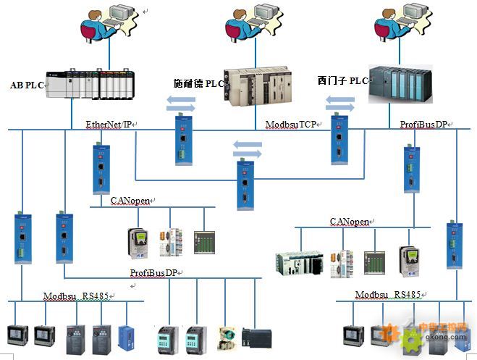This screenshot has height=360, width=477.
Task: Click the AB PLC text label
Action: [x=27, y=85]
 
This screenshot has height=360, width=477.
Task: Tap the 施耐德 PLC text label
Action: [x=198, y=83]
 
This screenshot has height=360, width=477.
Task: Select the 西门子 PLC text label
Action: [x=343, y=80]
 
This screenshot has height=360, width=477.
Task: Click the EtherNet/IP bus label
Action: [x=109, y=124]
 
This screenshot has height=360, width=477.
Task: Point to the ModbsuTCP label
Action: [x=291, y=124]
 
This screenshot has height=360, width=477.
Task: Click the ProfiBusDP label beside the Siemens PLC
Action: [x=423, y=124]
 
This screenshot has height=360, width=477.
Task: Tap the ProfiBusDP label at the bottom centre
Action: [x=153, y=272]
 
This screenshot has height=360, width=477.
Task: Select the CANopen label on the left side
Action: [x=130, y=201]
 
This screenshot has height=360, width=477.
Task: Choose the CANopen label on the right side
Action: [x=350, y=222]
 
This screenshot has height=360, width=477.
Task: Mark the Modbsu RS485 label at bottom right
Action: [x=388, y=295]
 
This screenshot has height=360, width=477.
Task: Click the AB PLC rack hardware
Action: [x=90, y=84]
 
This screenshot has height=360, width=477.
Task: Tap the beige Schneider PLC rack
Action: [x=258, y=86]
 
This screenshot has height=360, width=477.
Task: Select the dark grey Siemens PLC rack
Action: [x=400, y=84]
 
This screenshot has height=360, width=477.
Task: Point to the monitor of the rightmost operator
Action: [x=415, y=12]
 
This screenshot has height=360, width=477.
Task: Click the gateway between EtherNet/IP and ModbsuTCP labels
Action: [x=183, y=139]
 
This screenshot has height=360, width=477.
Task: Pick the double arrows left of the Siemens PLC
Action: [x=339, y=104]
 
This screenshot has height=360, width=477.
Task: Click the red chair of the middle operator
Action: [x=233, y=32]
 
